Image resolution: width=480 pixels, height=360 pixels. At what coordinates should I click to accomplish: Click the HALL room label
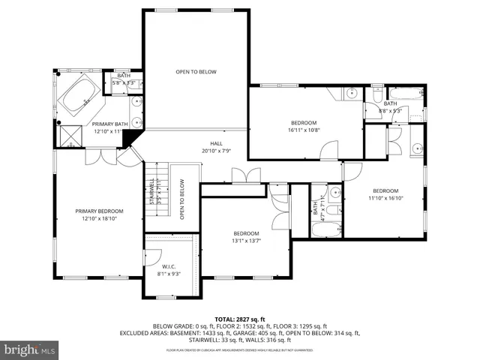coord(216,142)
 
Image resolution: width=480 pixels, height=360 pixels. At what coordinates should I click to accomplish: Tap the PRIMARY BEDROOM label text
coord(99,211)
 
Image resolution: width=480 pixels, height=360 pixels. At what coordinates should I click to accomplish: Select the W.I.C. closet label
coord(169,267)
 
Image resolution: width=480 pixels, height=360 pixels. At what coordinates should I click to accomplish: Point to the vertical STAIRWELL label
coord(151,192)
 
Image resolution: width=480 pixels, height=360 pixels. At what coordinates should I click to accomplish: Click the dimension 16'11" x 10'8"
coord(304,130)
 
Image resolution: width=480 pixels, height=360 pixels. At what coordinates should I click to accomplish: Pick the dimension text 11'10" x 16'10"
coord(386,198)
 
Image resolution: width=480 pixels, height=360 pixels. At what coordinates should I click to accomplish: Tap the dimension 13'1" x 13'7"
coord(246,241)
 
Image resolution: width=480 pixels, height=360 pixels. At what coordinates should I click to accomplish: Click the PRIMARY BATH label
coord(107,124)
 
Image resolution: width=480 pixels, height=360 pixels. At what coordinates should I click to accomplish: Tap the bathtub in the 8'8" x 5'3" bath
coord(406,94)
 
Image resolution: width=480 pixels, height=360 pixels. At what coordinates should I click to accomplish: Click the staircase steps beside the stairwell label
coord(159,193)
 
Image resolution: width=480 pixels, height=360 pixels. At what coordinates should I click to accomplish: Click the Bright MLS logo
coord(30,349)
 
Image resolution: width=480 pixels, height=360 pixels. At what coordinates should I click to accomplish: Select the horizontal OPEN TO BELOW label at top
coord(196,72)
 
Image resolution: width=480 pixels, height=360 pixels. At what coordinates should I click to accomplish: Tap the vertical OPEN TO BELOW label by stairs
coord(181,199)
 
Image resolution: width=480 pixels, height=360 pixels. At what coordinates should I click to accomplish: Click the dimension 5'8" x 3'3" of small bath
coord(124,82)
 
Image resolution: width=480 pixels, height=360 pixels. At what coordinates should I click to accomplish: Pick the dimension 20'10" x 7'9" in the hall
coord(216,150)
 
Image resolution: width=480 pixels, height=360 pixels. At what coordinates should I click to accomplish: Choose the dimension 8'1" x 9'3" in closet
coord(169,274)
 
